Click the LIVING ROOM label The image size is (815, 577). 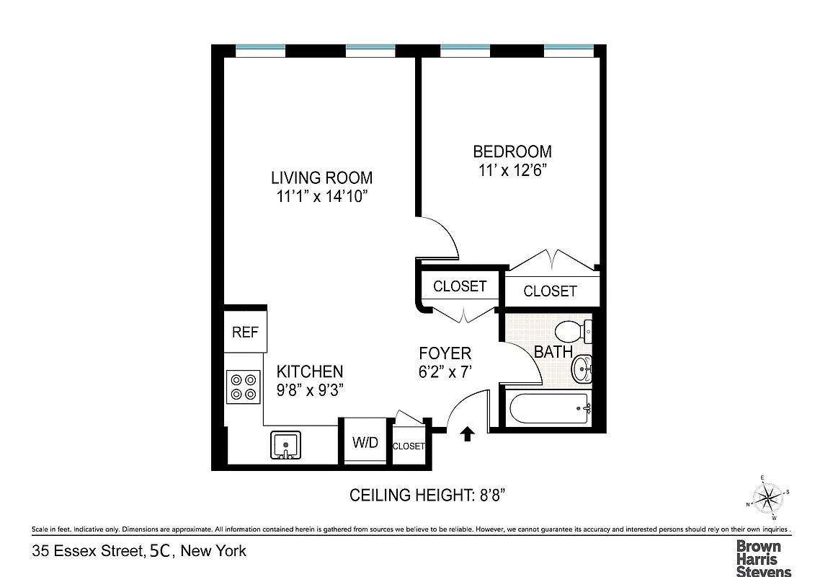321,177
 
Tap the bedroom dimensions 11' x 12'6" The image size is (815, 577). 512,171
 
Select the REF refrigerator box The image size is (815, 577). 245,332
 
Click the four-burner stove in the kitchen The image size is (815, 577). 243,387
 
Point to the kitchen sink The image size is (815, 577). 286,445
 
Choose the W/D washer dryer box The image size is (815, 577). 365,443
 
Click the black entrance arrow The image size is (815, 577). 467,433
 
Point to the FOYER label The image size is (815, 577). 445,353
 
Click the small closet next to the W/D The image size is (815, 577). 409,446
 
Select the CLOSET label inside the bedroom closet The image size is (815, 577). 550,291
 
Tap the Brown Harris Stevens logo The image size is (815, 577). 763,558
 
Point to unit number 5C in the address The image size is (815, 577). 160,552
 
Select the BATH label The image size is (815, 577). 553,352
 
